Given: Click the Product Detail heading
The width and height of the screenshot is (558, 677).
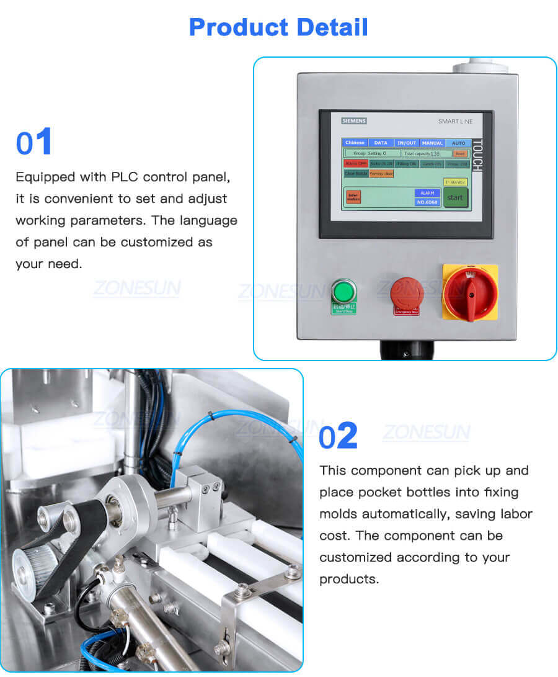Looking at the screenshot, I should (x=278, y=27).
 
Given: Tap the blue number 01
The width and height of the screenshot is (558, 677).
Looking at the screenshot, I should (x=34, y=143).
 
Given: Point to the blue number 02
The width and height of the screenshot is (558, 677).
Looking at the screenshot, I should (x=339, y=436).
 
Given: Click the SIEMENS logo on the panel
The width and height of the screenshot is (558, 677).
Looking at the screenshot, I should (x=354, y=121).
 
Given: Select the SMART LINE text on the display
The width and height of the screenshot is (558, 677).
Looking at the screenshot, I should (x=455, y=122).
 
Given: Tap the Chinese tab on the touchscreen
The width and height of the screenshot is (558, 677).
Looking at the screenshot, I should (x=355, y=143).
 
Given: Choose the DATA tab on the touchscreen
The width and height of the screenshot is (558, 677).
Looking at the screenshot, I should (x=381, y=143).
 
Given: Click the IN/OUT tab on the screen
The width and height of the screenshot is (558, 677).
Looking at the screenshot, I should (x=407, y=143).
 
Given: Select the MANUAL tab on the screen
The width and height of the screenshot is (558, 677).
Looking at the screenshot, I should (x=432, y=143).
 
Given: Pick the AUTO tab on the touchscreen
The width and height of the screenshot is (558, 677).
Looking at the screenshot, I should (x=458, y=143).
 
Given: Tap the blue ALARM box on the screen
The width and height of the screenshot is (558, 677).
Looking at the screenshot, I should (x=427, y=193).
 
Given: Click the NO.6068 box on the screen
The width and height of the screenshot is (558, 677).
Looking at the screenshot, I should (x=427, y=202).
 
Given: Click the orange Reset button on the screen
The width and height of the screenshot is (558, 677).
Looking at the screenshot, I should (x=459, y=153).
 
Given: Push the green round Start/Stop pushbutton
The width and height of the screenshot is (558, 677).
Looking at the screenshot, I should (x=343, y=291).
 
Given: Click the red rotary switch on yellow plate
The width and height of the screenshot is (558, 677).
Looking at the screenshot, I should (x=470, y=291).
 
